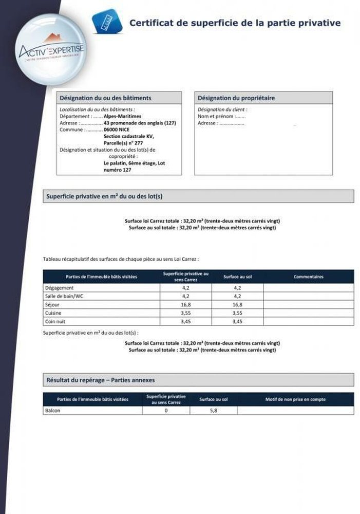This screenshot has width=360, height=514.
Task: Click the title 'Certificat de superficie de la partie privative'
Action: click(x=235, y=23)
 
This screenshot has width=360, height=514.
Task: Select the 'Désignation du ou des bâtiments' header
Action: click(x=105, y=98)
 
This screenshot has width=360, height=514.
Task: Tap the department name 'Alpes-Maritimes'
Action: click(x=123, y=117)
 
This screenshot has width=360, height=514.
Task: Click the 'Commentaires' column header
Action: click(x=308, y=277)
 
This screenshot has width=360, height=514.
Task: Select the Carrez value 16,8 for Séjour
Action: click(x=186, y=304)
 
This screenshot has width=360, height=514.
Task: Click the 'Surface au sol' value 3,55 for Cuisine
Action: click(x=237, y=313)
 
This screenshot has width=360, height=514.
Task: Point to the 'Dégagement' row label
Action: click(x=60, y=288)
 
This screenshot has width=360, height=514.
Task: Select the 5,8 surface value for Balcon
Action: click(x=212, y=410)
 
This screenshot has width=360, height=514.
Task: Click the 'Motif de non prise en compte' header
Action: click(x=295, y=399)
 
